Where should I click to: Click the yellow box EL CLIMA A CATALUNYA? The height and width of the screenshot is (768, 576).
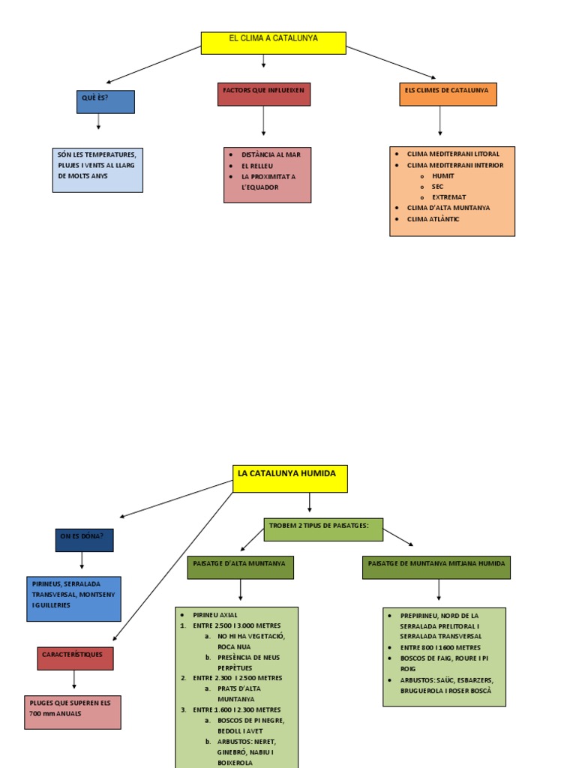273,43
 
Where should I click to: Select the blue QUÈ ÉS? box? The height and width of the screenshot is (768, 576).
105,102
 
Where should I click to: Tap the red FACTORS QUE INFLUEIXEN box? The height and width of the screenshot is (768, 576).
263,94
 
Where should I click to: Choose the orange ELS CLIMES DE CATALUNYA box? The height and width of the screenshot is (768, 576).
447,94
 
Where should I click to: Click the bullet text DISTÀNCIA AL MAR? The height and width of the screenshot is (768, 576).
270,154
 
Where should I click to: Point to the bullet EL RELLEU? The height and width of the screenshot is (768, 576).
257,165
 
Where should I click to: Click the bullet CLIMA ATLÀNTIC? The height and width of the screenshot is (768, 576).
433,219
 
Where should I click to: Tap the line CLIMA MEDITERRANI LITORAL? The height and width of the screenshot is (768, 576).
452,154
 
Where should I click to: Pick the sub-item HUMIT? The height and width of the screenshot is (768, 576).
443,175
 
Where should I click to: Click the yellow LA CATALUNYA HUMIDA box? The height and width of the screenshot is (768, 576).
289,478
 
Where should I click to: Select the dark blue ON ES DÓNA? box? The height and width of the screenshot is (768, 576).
84,540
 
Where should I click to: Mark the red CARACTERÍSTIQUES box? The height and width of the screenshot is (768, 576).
75,658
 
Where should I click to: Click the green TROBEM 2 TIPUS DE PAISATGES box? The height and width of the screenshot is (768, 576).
322,529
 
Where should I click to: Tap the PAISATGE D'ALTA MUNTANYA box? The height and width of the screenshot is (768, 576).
240,567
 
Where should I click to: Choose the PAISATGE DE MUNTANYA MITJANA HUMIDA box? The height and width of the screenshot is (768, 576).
436,567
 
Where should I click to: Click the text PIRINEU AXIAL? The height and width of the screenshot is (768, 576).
215,615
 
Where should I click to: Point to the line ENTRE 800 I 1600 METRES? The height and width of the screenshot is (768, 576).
440,647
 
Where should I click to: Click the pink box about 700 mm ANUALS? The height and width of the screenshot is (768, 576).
72,712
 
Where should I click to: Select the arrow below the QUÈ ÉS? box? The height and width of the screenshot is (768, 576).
98,123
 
